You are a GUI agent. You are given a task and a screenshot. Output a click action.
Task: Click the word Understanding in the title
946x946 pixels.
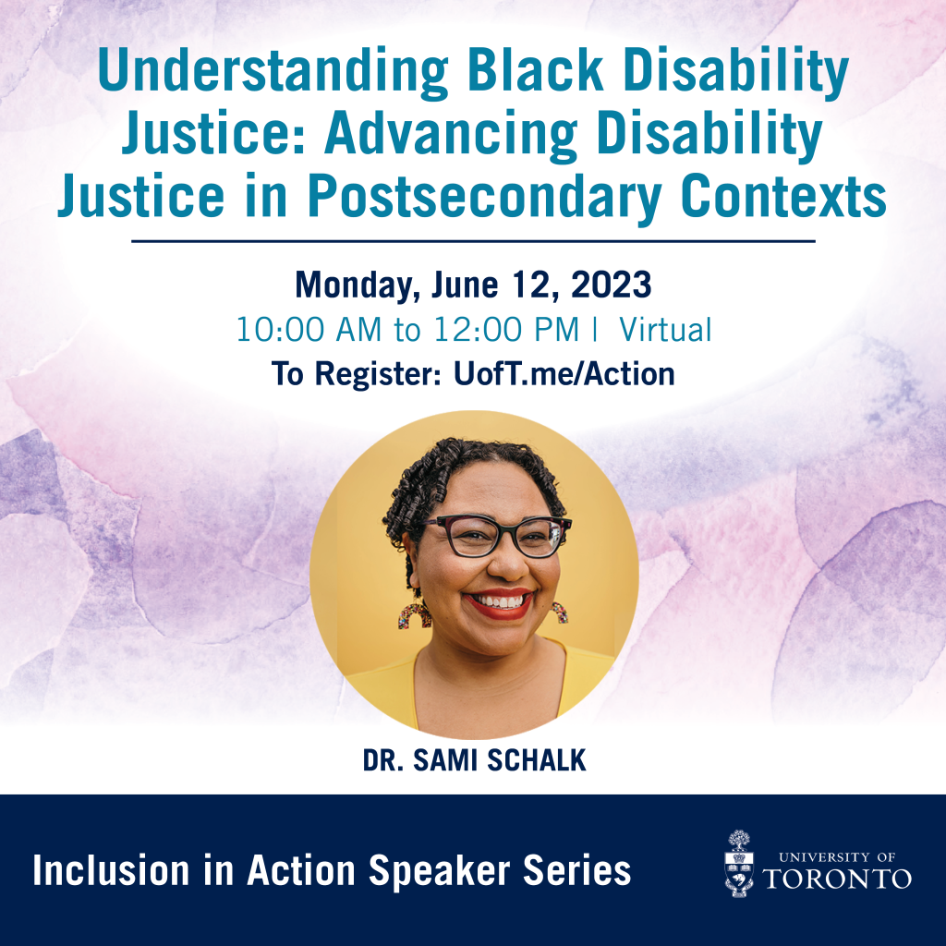coord(273,72)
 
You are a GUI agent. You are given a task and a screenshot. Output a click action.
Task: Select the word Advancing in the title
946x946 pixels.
coord(451,135)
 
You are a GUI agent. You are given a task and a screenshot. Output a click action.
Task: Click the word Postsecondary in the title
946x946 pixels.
coord(485,198)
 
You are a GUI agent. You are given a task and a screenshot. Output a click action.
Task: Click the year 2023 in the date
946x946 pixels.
coord(612,285)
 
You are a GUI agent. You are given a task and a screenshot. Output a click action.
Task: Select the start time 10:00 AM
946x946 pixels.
coord(309,330)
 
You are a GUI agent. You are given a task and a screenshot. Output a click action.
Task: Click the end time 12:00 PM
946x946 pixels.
coord(505,330)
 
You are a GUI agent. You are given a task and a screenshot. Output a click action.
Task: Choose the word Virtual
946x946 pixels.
coord(665,330)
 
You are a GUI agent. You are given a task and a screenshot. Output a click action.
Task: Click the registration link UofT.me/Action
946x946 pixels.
coord(564,374)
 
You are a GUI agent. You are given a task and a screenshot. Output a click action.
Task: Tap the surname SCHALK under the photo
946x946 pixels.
coord(537,760)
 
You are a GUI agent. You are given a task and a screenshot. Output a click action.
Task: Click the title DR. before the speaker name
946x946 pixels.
coord(382,760)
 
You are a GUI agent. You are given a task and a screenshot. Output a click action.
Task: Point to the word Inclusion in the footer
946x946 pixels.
coord(111,870)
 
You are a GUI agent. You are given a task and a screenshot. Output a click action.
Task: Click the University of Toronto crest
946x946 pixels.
coord(738,864)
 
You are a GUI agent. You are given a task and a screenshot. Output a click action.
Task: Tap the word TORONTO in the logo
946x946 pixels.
coord(837,879)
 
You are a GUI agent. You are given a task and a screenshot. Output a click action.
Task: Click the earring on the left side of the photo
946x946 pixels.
coord(415,614)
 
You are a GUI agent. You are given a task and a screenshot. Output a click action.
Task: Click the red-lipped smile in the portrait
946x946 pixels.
coord(498,603)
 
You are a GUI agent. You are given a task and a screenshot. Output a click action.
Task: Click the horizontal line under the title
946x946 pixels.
coord(473,241)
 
